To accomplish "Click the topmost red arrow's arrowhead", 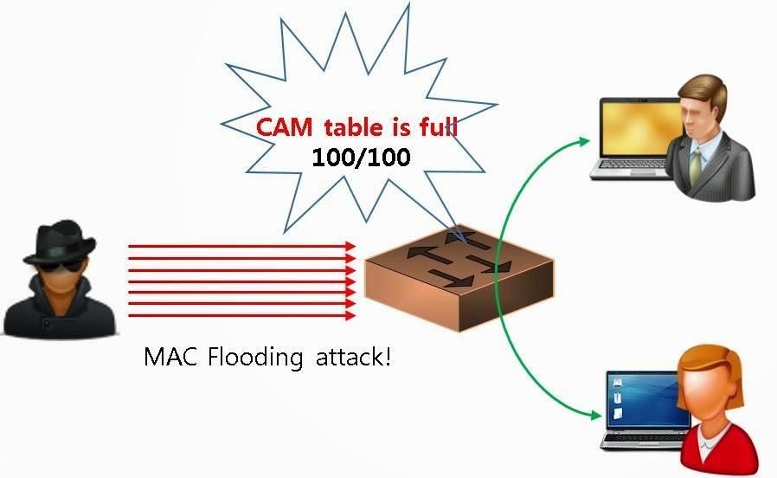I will coord(351,247).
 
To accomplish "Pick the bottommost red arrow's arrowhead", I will coord(351,316).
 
